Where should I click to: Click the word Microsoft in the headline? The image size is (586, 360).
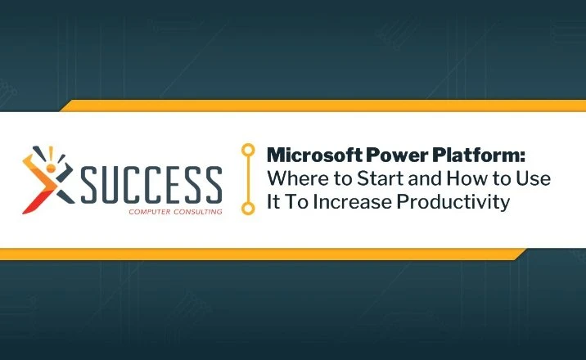[x=314, y=155]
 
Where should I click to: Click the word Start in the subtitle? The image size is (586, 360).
[x=381, y=178]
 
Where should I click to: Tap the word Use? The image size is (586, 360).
[x=534, y=178]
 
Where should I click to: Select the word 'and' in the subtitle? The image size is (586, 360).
[x=426, y=178]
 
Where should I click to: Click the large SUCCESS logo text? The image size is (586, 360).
[x=151, y=185]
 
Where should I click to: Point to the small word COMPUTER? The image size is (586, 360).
[x=150, y=212]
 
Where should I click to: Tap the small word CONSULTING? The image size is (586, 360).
[x=198, y=212]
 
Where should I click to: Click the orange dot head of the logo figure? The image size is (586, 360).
[x=51, y=168]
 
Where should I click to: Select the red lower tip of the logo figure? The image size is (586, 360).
[x=25, y=212]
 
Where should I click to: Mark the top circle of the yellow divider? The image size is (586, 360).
[x=248, y=150]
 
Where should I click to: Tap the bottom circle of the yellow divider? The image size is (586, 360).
[x=248, y=208]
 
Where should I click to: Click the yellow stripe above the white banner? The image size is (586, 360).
[x=322, y=106]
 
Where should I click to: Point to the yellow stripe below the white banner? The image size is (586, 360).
[x=263, y=254]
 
